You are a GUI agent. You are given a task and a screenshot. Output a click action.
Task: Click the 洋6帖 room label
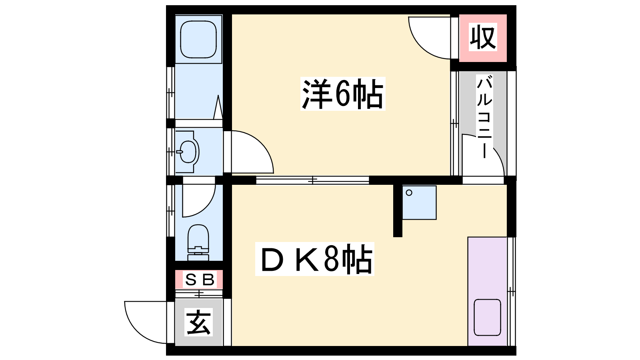(x=342, y=94)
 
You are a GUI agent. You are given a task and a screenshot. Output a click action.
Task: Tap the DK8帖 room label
(x=314, y=259)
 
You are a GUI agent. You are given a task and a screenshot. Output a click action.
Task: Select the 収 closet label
(x=483, y=37)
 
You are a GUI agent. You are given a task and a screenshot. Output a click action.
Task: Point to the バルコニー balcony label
(x=484, y=116)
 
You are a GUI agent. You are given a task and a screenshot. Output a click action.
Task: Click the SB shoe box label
(x=200, y=280)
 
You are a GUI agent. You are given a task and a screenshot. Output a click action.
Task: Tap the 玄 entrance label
(x=198, y=322)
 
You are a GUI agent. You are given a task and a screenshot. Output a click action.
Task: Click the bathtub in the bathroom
(x=198, y=39)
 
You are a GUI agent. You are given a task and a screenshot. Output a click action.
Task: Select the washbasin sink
(x=188, y=152)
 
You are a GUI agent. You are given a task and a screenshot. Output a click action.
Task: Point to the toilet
(x=198, y=242)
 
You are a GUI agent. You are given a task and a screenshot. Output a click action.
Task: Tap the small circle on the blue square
(x=409, y=193)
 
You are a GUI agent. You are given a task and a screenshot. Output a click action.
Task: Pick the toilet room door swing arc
(x=206, y=208)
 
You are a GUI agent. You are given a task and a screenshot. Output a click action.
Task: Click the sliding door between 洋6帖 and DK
(x=312, y=180)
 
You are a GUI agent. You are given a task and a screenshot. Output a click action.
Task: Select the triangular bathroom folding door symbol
(x=218, y=107)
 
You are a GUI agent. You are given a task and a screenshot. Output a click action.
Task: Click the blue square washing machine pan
(x=420, y=202)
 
